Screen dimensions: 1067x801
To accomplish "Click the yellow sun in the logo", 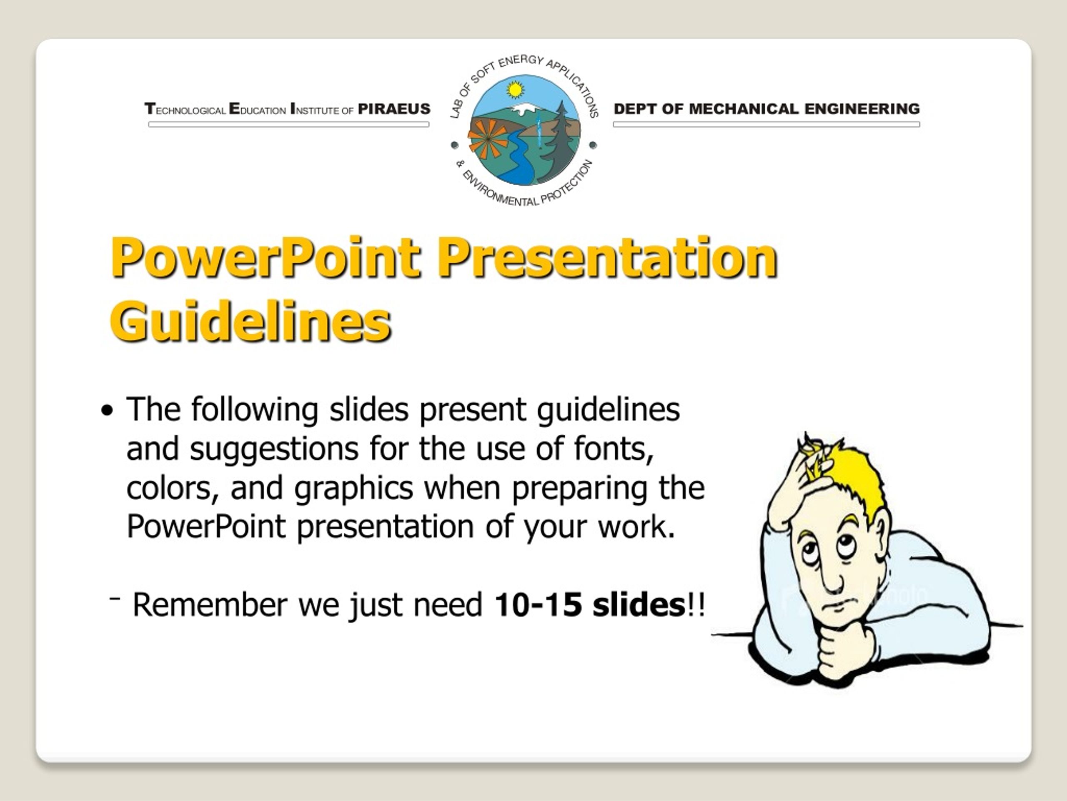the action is click(515, 90).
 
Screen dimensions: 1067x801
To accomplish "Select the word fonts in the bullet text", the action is click(614, 448).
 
